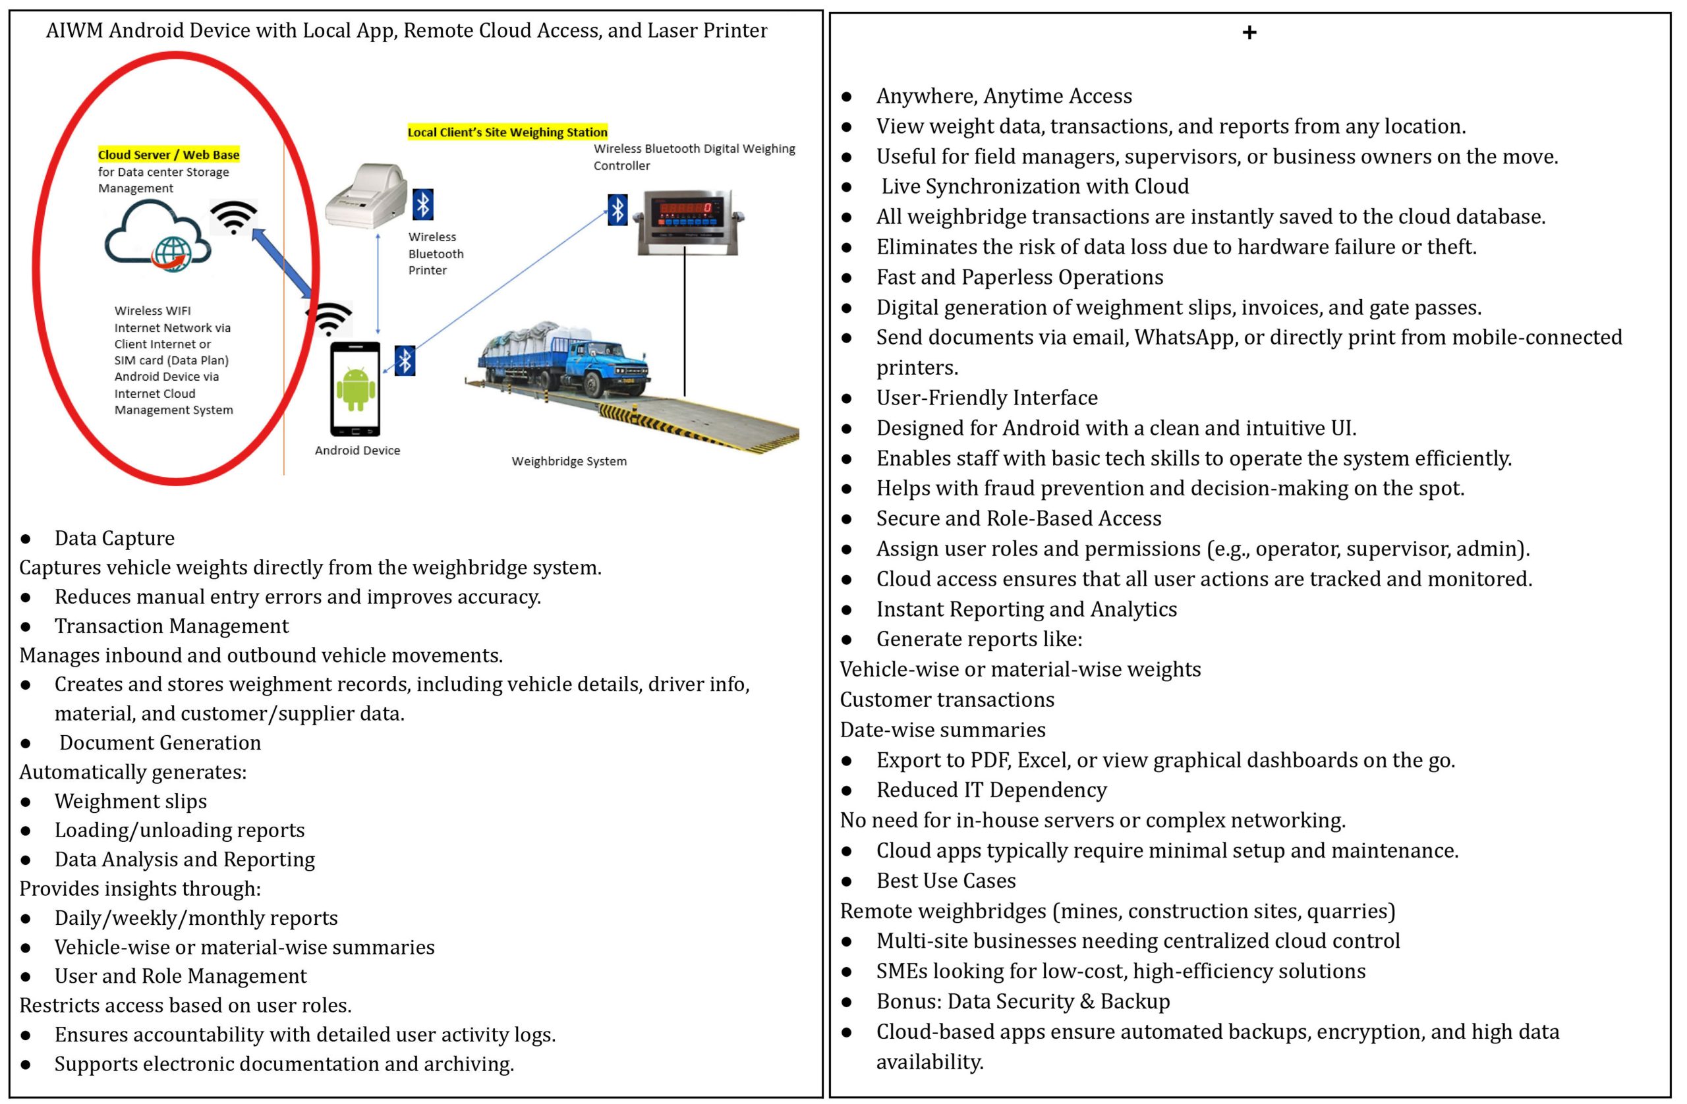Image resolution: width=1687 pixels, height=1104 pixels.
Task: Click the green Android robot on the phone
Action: [355, 389]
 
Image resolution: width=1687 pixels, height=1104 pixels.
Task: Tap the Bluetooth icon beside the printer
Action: [423, 205]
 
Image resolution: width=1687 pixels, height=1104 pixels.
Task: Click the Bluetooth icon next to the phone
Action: [405, 361]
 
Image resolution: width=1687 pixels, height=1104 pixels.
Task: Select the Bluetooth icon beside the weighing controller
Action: [617, 210]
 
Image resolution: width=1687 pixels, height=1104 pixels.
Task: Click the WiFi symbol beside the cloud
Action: [233, 217]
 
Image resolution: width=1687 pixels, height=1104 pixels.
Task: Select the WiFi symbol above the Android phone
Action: [329, 319]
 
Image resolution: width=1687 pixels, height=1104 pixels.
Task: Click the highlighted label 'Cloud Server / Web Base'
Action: [169, 155]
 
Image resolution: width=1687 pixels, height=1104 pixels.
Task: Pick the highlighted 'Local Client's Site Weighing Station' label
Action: [507, 132]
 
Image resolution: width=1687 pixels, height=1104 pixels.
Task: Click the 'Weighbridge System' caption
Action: [569, 461]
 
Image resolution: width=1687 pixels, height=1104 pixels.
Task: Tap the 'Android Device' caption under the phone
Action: [357, 451]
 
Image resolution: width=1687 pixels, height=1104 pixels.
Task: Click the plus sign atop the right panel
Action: [1249, 32]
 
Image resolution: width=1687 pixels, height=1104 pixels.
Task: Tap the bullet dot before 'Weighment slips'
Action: [26, 802]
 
